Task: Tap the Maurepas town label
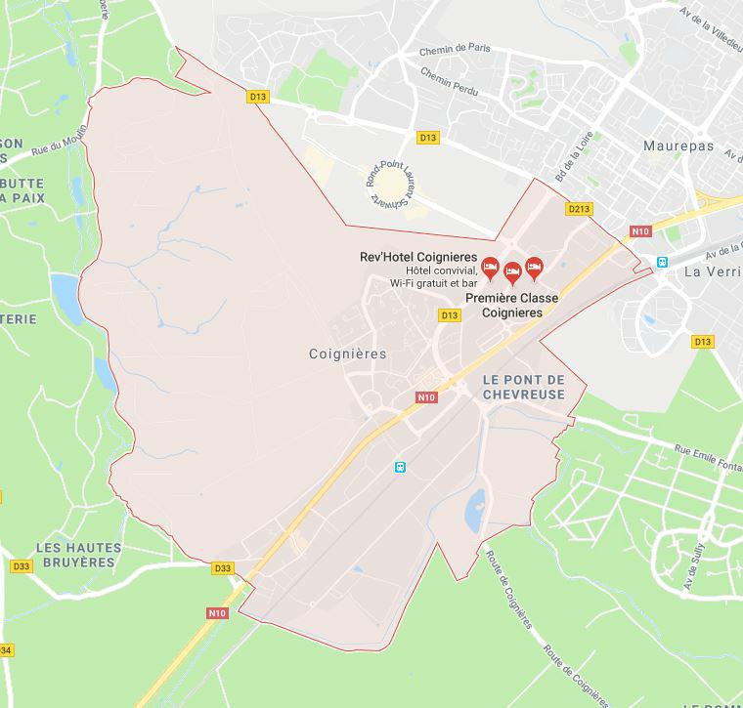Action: coord(678,146)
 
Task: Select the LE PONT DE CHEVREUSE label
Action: coord(524,387)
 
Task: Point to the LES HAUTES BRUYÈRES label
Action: coord(75,555)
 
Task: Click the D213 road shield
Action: coord(579,209)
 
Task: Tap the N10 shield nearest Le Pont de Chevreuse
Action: coord(425,397)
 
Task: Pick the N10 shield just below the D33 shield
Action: coord(217,613)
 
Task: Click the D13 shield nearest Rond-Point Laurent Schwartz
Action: coord(428,138)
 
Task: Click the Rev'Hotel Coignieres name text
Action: coord(418,256)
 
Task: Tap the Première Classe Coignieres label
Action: coord(511,305)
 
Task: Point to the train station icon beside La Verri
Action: coord(662,263)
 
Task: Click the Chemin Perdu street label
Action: coord(450,79)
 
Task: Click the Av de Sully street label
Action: coord(699,561)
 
